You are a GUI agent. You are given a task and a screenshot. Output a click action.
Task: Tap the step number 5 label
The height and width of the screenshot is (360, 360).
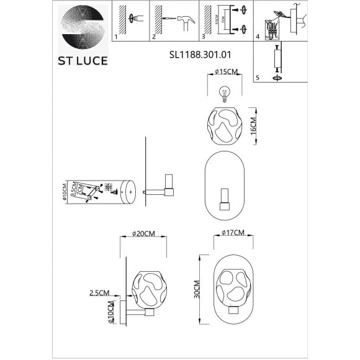click(258, 78)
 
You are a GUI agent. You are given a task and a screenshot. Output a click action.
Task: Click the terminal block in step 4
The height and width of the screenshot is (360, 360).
click(271, 29)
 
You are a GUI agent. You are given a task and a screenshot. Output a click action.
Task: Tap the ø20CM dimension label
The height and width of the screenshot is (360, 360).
click(143, 234)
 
